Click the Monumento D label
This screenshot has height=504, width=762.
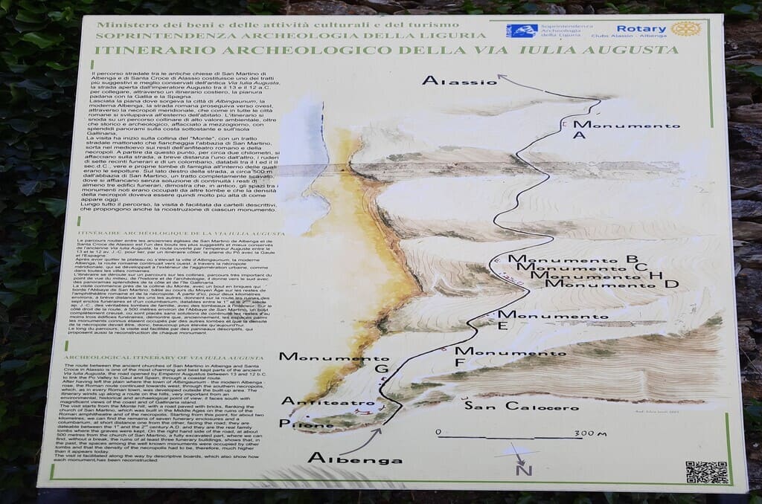[617, 283]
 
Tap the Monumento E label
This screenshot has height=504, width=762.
[548, 320]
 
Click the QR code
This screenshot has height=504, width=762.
[706, 472]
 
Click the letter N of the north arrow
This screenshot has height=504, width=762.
[525, 469]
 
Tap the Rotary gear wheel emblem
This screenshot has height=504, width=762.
[685, 29]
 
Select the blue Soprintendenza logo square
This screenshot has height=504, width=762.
[521, 30]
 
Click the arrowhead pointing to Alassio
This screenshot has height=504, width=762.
[502, 77]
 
